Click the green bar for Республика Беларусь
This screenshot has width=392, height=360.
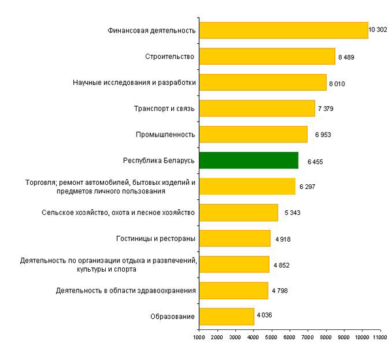[248, 160]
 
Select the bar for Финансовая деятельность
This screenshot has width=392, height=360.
[284, 30]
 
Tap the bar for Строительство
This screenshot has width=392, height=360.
[267, 56]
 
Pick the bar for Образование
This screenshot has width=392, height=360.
[226, 316]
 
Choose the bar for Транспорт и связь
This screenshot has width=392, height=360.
[257, 108]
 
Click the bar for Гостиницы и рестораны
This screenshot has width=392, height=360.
[235, 238]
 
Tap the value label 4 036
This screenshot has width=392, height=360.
[265, 316]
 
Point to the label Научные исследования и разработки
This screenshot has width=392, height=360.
[135, 82]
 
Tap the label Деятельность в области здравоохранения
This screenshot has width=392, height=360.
[126, 290]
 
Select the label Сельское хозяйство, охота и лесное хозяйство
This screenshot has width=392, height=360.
[118, 212]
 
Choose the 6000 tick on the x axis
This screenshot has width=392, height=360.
[290, 338]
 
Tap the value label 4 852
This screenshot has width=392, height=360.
[282, 265]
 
